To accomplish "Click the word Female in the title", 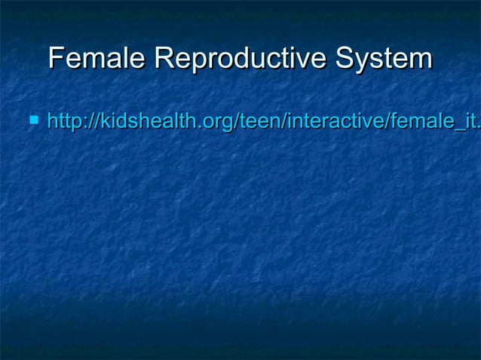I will coord(97,58).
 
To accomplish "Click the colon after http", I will coord(81,121).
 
